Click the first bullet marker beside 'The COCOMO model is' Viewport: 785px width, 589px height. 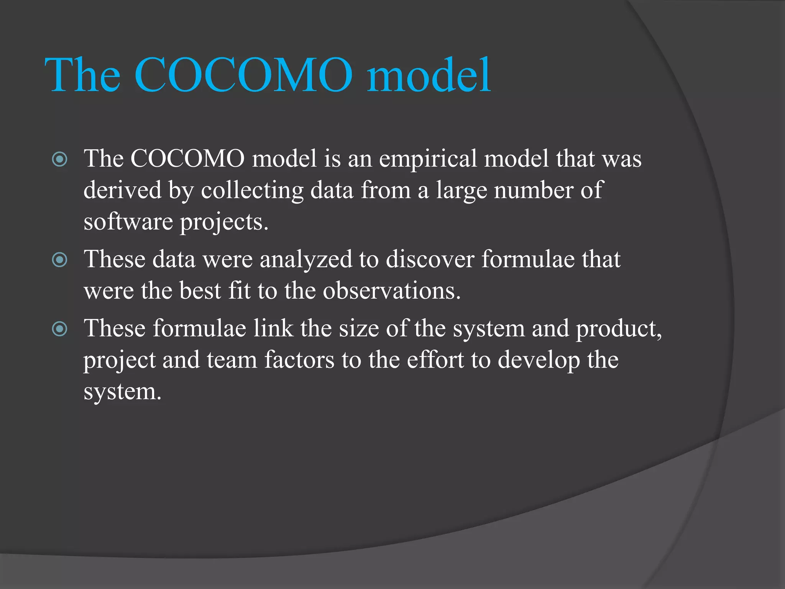click(60, 159)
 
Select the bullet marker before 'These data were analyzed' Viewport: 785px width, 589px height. click(60, 260)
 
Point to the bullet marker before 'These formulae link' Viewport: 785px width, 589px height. click(60, 329)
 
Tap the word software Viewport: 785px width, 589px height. click(128, 222)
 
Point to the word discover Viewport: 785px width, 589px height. click(430, 259)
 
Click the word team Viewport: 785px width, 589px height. click(232, 360)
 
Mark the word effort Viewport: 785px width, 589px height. click(435, 360)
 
